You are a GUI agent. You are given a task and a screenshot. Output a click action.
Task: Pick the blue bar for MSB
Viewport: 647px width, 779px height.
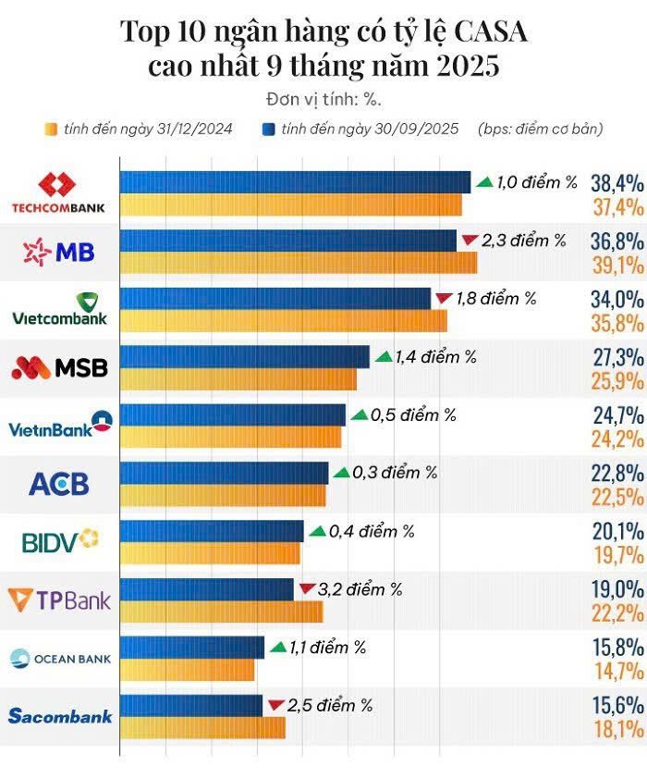pyautogui.click(x=245, y=356)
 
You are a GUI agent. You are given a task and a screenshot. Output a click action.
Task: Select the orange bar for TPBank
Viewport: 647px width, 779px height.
pyautogui.click(x=222, y=612)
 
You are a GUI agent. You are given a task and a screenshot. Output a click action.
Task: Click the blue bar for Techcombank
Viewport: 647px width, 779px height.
pyautogui.click(x=296, y=181)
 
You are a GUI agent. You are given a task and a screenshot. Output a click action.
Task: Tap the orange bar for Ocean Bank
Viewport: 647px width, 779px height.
pyautogui.click(x=187, y=670)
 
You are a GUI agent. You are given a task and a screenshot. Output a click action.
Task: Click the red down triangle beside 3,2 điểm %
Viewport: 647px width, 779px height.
pyautogui.click(x=308, y=588)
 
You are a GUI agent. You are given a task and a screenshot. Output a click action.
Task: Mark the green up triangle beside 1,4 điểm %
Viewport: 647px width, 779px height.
pyautogui.click(x=383, y=356)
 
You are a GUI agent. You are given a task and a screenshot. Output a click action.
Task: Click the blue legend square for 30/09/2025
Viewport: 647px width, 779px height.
pyautogui.click(x=270, y=129)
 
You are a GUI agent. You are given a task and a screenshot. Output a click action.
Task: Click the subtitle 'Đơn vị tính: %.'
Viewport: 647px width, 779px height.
pyautogui.click(x=323, y=98)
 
